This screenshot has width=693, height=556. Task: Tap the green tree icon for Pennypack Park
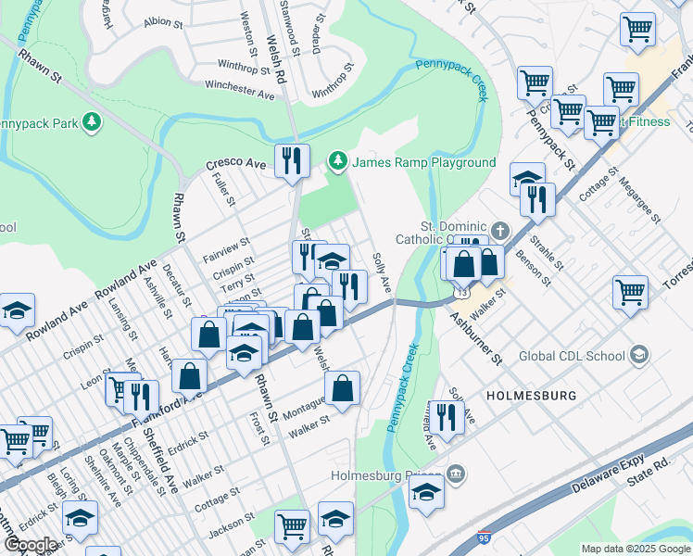(x=91, y=121)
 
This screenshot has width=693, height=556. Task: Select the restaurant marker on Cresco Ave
(x=292, y=162)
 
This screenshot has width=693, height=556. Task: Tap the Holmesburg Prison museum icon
(x=456, y=475)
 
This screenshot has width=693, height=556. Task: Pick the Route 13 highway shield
(x=460, y=293)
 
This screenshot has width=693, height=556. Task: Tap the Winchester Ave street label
(x=240, y=89)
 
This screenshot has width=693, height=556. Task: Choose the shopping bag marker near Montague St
(x=342, y=390)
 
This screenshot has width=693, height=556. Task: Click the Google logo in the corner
(x=31, y=545)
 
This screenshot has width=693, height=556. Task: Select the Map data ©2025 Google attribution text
(x=636, y=549)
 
